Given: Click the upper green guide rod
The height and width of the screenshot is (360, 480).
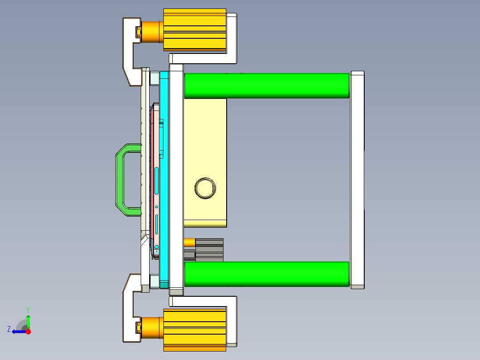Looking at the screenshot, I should [266, 86].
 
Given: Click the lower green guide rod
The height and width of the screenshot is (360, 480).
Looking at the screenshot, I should [266, 274].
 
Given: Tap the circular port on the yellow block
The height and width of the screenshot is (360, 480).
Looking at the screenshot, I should [205, 188].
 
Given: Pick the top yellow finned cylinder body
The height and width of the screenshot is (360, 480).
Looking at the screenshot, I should [195, 30].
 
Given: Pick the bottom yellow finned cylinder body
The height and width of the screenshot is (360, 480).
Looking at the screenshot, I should [195, 329].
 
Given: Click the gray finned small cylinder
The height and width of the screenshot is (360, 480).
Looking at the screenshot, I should [209, 250].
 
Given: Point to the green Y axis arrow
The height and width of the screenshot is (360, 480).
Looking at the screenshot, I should [28, 319].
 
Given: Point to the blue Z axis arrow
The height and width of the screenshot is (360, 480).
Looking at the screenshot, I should [18, 331].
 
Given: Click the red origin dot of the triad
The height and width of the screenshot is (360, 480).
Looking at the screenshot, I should [28, 331].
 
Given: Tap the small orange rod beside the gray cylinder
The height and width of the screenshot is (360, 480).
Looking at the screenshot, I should [189, 242].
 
